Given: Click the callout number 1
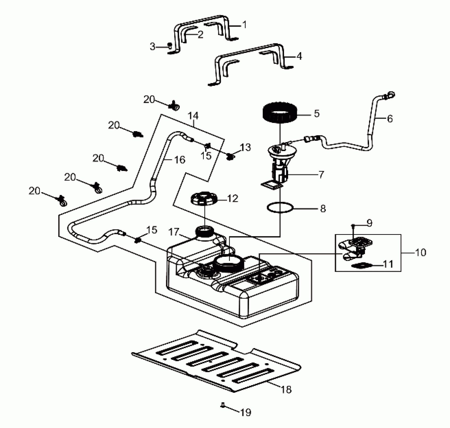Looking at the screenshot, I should click(244, 25).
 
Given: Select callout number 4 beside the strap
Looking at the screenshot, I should click(299, 56).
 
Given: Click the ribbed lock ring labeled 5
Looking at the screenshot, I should click(279, 113).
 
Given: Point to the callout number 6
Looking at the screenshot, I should click(390, 119).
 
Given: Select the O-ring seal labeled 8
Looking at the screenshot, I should click(280, 208).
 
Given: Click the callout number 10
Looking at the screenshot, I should click(420, 253).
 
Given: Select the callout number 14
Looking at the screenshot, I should click(193, 116).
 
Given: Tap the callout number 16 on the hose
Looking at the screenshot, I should click(179, 160).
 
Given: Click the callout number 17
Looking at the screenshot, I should click(174, 232).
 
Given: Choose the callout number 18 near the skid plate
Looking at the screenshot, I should click(286, 389).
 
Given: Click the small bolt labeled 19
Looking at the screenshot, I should click(223, 412).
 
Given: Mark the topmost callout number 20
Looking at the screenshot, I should click(149, 100).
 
